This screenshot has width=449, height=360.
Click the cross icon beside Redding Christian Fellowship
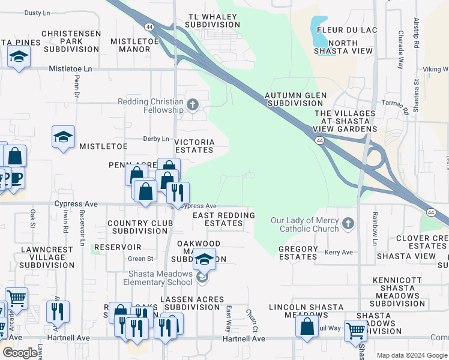(192, 106)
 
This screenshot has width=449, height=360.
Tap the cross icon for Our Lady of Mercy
(348, 224)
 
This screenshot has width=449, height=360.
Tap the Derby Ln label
(156, 139)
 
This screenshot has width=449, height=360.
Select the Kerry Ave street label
(339, 253)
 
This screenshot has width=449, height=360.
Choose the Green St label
(140, 259)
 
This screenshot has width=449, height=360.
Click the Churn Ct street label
(252, 322)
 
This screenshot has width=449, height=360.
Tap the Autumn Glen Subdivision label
(295, 99)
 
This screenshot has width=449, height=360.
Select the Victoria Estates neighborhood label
(194, 146)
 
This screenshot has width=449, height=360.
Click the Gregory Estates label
(298, 253)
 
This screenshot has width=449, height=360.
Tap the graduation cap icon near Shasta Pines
(19, 56)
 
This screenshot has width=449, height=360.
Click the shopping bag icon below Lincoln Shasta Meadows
(307, 326)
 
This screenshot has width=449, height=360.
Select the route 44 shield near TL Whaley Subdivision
(148, 26)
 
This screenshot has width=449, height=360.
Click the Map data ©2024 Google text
(411, 355)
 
